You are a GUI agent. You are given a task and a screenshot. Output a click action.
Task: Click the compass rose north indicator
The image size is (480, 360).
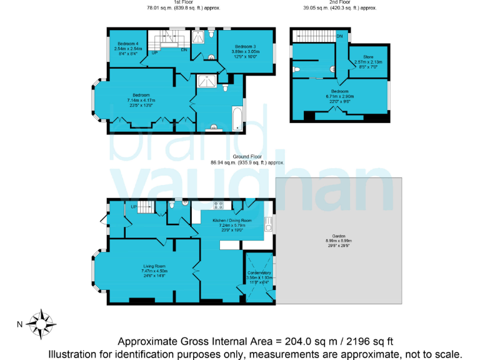point(44,323)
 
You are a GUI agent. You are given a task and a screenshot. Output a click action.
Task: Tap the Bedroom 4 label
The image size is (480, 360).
point(128,43)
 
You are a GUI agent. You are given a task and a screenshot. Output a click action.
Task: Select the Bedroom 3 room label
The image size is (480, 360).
point(246,47)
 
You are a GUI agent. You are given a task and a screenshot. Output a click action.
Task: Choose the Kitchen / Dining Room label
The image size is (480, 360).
point(232,221)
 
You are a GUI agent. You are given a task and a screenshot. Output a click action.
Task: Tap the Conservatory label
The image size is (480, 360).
point(259,273)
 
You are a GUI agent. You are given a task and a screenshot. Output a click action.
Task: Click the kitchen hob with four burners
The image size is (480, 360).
point(219,205)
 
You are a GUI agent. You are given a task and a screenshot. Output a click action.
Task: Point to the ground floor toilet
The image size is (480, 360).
point(171,204)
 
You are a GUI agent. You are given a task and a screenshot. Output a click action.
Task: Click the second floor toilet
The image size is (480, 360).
point(297,68)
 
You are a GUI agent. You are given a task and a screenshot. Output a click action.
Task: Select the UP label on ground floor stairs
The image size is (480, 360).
point(133,207)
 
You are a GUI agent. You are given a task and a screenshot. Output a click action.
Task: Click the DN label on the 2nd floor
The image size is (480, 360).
point(339,37)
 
